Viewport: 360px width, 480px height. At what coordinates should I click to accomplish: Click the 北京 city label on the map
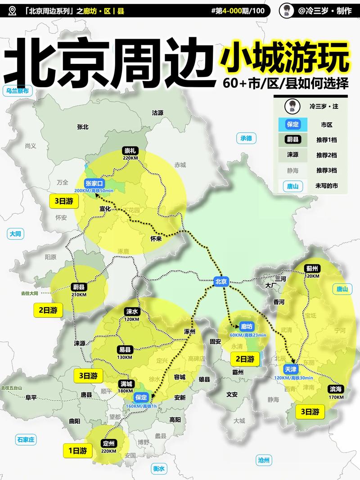221,282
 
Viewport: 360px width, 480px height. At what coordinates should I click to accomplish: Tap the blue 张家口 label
94,183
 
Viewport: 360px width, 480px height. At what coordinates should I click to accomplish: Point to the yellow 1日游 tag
77,450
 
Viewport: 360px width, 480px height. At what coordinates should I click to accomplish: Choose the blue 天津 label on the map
290,369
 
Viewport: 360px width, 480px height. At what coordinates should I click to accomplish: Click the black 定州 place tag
109,443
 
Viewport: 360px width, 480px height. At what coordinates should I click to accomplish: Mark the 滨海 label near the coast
335,389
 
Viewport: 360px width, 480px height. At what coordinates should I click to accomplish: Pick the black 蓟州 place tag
312,268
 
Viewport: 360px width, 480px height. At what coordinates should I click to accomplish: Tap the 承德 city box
246,138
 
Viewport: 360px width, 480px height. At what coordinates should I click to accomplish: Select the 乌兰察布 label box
17,90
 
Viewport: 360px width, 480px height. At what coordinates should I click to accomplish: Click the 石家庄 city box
26,440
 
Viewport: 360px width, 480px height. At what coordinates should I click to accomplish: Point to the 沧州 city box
264,460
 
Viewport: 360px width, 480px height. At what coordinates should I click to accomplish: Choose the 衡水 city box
158,468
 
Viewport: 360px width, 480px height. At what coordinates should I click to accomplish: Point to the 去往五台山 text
11,387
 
